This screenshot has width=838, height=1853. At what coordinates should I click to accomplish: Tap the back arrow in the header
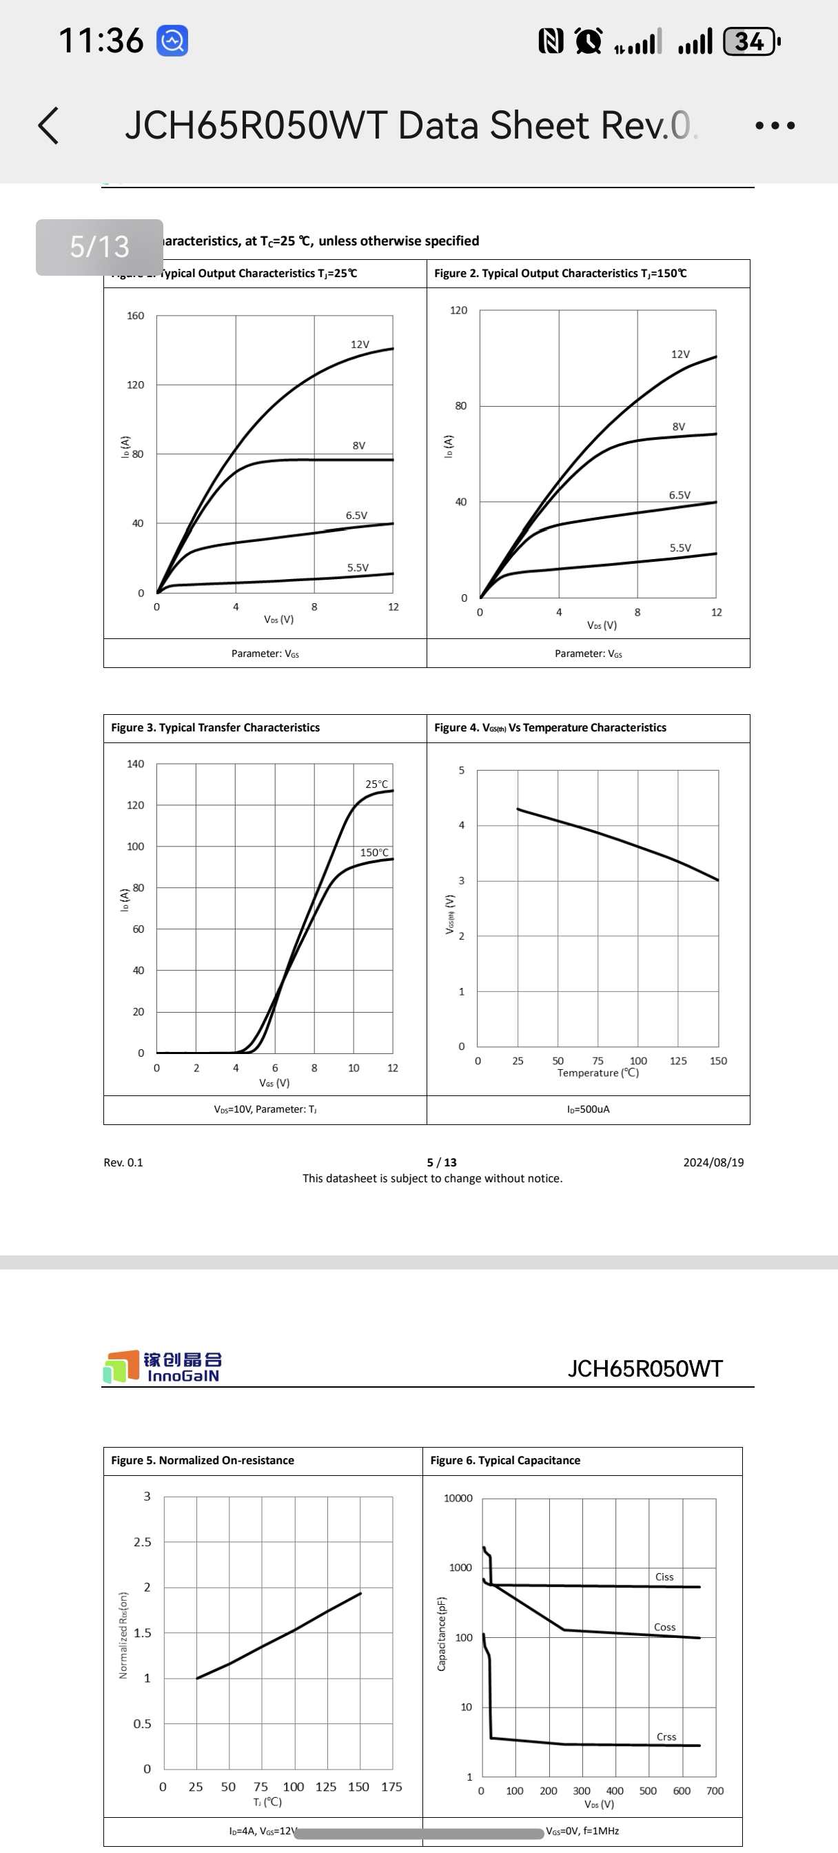point(48,126)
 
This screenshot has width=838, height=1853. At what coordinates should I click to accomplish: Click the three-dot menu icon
point(775,126)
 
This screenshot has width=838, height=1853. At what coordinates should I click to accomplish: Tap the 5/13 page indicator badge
point(99,247)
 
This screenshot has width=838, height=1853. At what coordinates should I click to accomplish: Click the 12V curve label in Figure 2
point(679,354)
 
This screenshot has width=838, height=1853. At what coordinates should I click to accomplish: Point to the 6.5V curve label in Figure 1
point(356,515)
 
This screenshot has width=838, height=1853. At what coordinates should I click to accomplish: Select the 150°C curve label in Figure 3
point(374,853)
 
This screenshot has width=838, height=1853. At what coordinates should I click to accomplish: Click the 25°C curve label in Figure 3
point(376,784)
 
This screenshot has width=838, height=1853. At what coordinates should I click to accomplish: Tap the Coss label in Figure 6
point(664,1627)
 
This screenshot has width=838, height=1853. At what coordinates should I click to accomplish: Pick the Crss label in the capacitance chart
point(666,1736)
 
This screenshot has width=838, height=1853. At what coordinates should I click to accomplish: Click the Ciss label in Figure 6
point(664,1577)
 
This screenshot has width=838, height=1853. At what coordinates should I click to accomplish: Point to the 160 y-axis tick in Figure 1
point(135,316)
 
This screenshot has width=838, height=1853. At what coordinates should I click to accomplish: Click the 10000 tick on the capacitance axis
point(458,1499)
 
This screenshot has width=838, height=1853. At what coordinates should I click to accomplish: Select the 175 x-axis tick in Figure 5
point(391,1787)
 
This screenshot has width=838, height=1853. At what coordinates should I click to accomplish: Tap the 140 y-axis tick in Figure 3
point(135,764)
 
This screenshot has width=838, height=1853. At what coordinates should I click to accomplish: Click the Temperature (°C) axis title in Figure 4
point(597,1073)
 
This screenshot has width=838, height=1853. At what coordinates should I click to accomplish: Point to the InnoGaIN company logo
point(163,1366)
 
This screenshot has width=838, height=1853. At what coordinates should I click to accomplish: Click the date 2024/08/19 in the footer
point(713,1162)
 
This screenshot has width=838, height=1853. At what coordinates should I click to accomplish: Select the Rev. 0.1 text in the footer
point(123,1162)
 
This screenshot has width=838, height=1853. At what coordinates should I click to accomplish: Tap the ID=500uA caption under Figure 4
point(588,1109)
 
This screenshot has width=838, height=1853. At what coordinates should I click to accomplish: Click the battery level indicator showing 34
point(750,41)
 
